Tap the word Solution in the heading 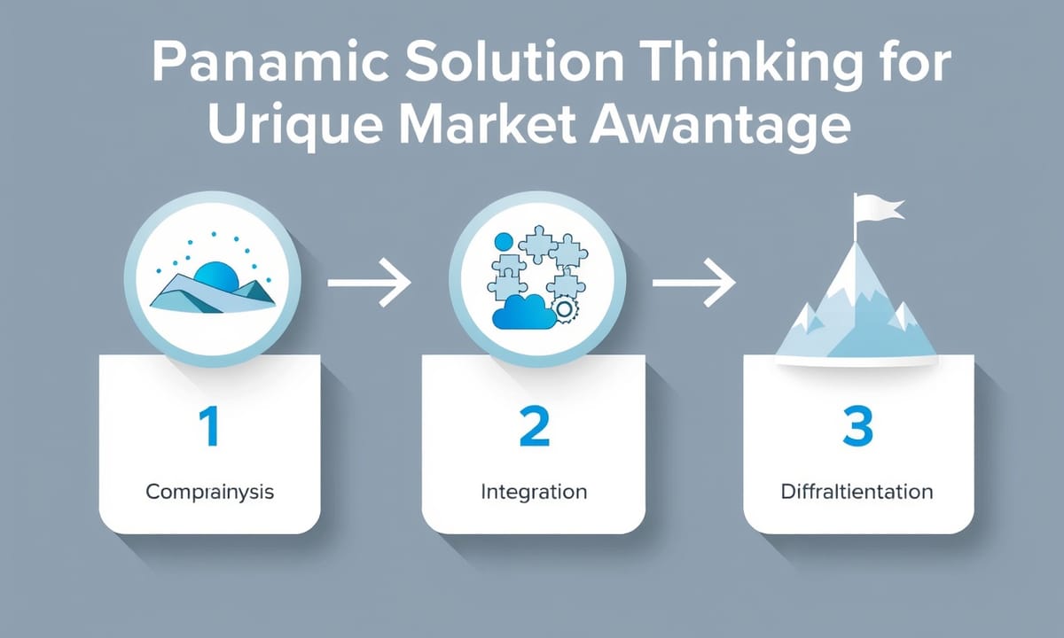pyautogui.click(x=514, y=63)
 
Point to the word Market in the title pyautogui.click(x=484, y=124)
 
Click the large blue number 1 pyautogui.click(x=209, y=426)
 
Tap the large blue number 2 pyautogui.click(x=535, y=426)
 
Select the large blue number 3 pyautogui.click(x=858, y=426)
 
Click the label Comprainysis pyautogui.click(x=209, y=493)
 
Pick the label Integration pyautogui.click(x=534, y=493)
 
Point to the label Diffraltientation pyautogui.click(x=857, y=491)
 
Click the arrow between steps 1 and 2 pyautogui.click(x=369, y=283)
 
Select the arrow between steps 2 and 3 pyautogui.click(x=694, y=283)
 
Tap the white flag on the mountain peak pyautogui.click(x=878, y=210)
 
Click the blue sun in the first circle pyautogui.click(x=216, y=276)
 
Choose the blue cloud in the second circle pyautogui.click(x=524, y=312)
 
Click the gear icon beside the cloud pyautogui.click(x=564, y=309)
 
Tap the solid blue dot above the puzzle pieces pyautogui.click(x=504, y=242)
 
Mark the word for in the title pyautogui.click(x=911, y=63)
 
